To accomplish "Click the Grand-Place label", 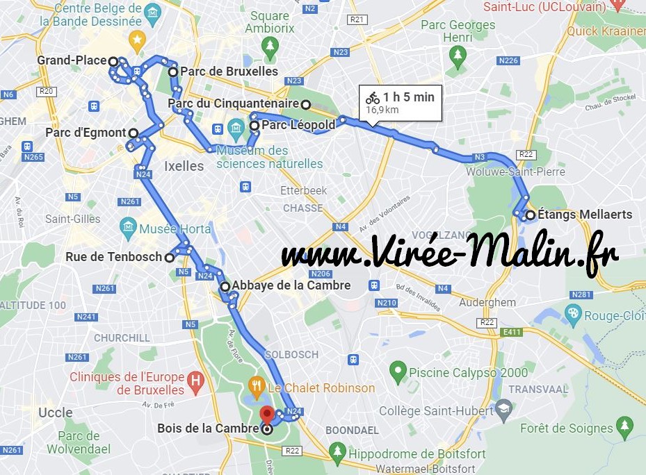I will click(x=72, y=60).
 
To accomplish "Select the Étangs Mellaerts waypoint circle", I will click(x=531, y=215).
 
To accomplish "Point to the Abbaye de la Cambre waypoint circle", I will click(x=225, y=286).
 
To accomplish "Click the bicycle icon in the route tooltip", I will click(x=373, y=98).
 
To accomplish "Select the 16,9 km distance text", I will click(x=382, y=110).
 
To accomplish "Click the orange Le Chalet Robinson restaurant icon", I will click(x=257, y=386).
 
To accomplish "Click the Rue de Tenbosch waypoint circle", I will click(x=169, y=258).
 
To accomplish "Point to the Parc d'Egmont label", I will click(x=86, y=133).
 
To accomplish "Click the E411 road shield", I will click(x=512, y=333).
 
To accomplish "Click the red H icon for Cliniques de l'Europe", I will click(x=196, y=381).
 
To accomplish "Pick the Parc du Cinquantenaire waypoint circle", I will click(x=305, y=104).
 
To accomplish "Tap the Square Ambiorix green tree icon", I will click(x=269, y=46).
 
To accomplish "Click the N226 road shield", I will click(x=508, y=61).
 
